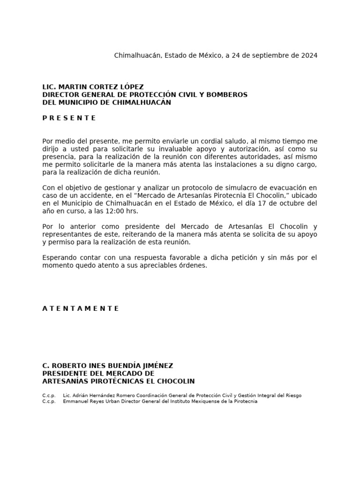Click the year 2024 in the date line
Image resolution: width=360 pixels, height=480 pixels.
(x=309, y=55)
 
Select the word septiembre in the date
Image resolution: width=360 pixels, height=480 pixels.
(x=271, y=55)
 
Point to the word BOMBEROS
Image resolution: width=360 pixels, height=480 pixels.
(x=228, y=95)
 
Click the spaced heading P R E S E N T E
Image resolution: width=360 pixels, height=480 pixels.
(x=69, y=118)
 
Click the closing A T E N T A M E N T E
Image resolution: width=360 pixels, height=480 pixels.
(x=81, y=308)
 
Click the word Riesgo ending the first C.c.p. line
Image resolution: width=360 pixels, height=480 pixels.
(x=291, y=395)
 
